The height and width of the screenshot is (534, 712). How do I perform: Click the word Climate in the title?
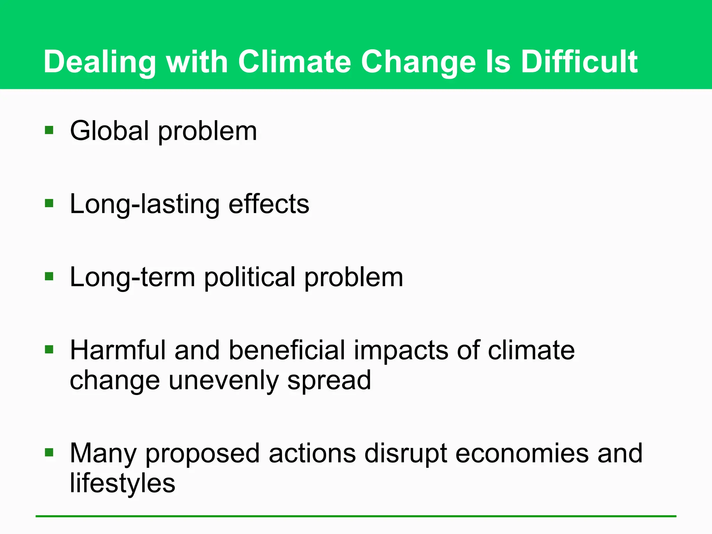pyautogui.click(x=294, y=62)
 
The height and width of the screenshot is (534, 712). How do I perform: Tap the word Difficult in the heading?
pyautogui.click(x=579, y=62)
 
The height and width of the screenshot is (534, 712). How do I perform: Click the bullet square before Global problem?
pyautogui.click(x=49, y=130)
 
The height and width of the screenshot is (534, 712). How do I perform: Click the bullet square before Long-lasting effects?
pyautogui.click(x=49, y=203)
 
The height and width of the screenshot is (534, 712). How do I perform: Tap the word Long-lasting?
pyautogui.click(x=145, y=204)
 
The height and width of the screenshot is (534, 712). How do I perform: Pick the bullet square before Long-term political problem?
pyautogui.click(x=49, y=276)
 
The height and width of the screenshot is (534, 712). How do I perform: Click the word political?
pyautogui.click(x=249, y=277)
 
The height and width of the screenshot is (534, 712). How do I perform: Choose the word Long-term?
pyautogui.click(x=132, y=277)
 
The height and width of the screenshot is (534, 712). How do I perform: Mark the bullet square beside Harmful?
pyautogui.click(x=49, y=349)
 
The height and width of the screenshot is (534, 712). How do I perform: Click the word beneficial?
pyautogui.click(x=287, y=350)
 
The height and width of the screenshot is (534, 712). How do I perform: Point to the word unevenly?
pyautogui.click(x=223, y=381)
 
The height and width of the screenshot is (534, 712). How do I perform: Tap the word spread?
pyautogui.click(x=329, y=381)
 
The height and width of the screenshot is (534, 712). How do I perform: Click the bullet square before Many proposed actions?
pyautogui.click(x=49, y=452)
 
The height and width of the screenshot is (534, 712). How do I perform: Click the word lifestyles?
pyautogui.click(x=122, y=483)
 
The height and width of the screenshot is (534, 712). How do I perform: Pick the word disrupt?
pyautogui.click(x=405, y=454)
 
